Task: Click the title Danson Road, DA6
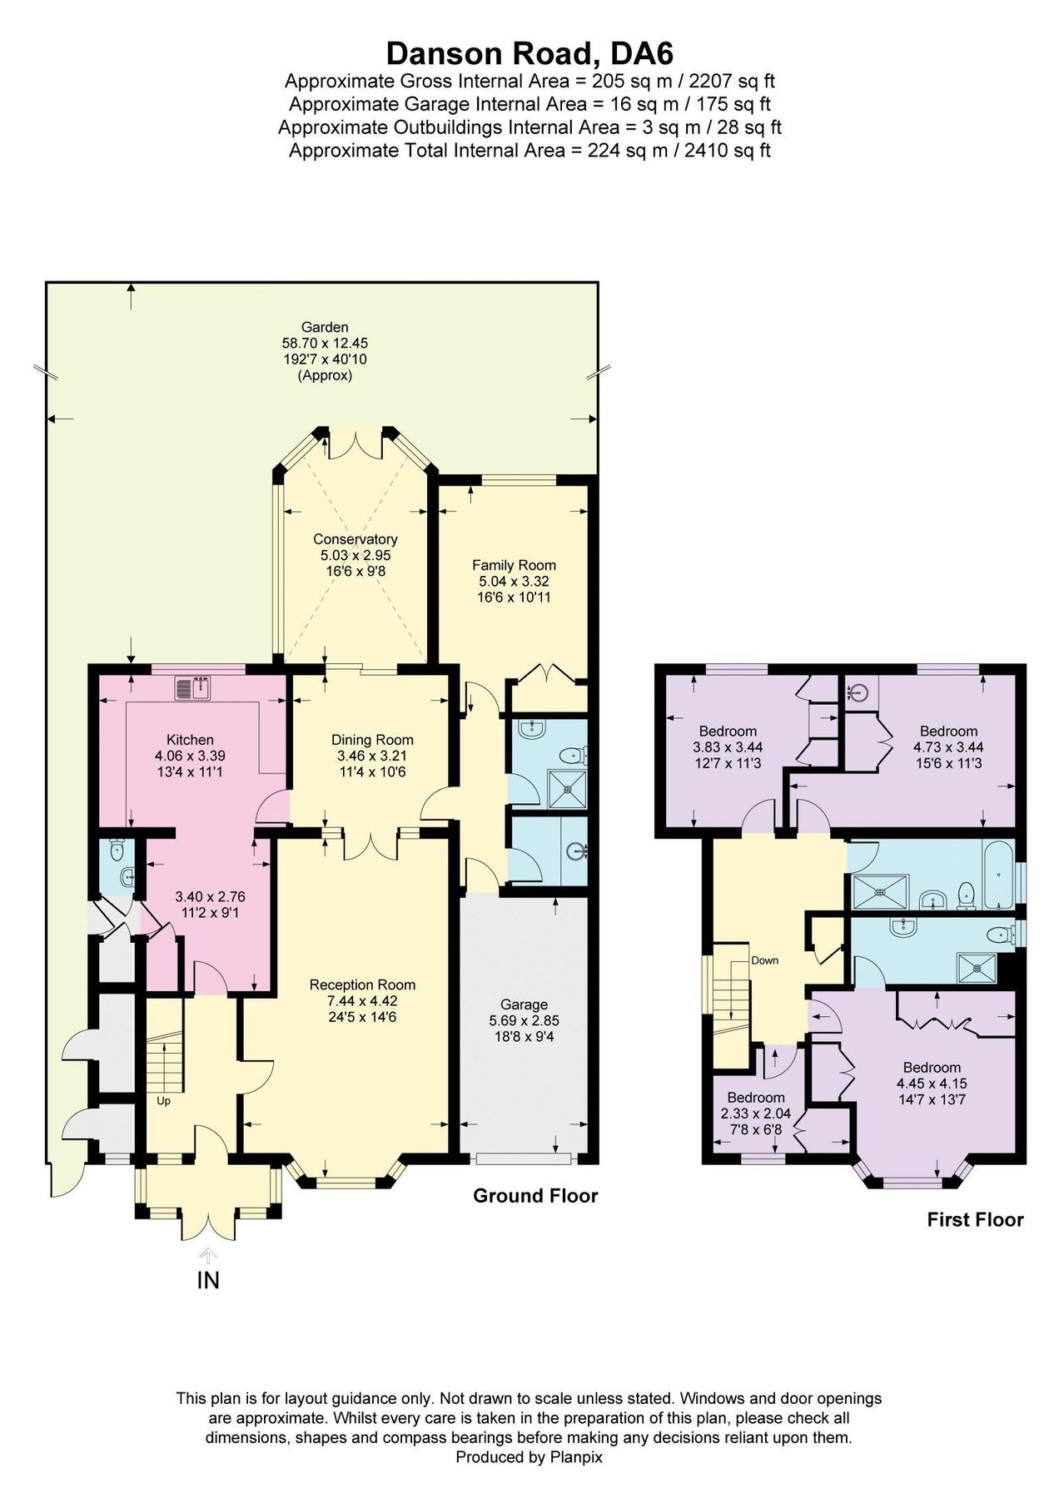point(529,53)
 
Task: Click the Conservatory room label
point(355,539)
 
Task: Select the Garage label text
point(524,1004)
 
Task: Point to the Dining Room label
point(372,740)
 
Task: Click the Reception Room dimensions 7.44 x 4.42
point(362,1001)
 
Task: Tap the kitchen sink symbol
point(194,689)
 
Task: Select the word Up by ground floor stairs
point(163,1101)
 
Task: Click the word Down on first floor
point(764,960)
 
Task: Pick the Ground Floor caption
point(535,1196)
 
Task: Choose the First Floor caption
point(975,1220)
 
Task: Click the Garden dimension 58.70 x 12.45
point(325,343)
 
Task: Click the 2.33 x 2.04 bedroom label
point(755,1114)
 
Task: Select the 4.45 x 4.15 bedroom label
point(932,1084)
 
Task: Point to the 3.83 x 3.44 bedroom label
point(728,747)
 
